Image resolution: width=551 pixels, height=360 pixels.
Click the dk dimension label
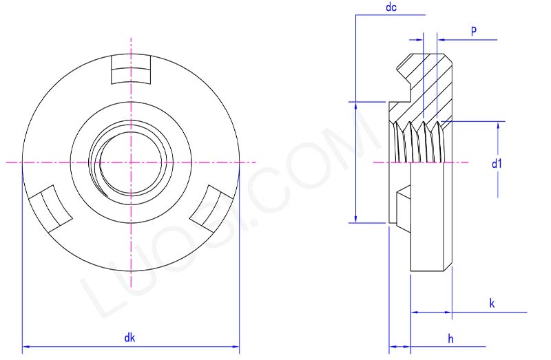click(129, 337)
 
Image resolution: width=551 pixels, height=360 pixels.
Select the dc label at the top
click(391, 8)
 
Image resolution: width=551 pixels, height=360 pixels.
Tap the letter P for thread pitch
click(474, 31)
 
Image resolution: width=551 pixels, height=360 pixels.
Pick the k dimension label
click(492, 303)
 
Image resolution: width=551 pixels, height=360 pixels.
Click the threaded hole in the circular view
click(130, 162)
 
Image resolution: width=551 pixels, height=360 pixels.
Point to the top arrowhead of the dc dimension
click(355, 107)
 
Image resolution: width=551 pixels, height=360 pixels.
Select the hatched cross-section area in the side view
click(427, 89)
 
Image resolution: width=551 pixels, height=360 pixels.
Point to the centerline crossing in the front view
click(130, 162)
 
